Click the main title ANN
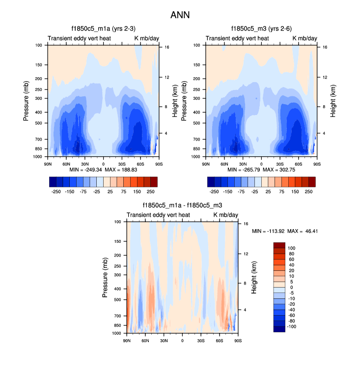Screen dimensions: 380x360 point(180,15)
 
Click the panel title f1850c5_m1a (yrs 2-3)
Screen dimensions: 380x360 point(103,29)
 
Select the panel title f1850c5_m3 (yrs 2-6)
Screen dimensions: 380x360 point(261,29)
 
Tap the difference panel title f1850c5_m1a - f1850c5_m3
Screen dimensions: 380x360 point(182,206)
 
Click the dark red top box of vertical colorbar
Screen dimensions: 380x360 point(279,245)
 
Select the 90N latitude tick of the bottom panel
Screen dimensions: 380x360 point(127,340)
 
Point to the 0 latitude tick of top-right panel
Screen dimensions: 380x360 point(261,163)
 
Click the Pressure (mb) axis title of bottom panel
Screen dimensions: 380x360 point(106,278)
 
